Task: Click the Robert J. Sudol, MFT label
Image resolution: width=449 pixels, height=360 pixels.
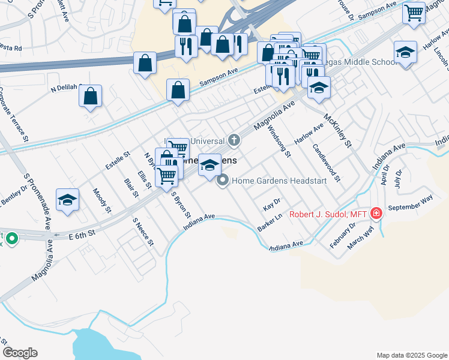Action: [327, 214]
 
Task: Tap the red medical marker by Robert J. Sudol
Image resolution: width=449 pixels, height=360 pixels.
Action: [376, 214]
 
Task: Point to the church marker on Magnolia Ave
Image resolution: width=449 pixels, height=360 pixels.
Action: [234, 141]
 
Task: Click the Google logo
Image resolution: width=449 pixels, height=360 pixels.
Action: [20, 353]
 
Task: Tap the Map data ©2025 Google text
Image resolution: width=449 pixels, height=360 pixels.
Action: [412, 355]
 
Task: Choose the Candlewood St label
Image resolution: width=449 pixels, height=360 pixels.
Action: [326, 162]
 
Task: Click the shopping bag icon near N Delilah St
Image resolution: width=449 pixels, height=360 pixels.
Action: [90, 95]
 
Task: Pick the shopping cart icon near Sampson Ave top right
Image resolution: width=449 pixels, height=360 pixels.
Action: [414, 12]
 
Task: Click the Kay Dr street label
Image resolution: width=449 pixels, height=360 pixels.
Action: [272, 205]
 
